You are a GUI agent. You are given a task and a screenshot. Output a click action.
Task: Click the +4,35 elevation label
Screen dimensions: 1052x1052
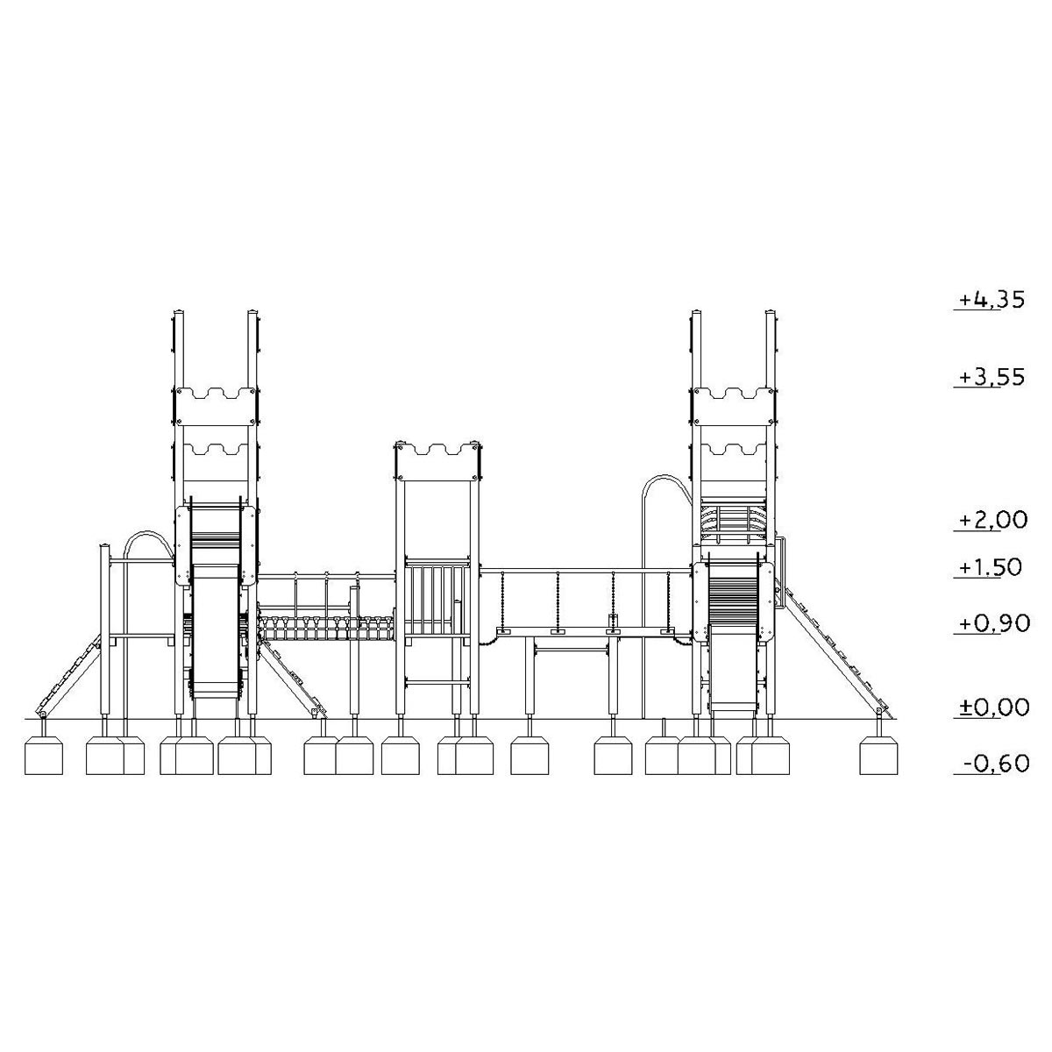[992, 300]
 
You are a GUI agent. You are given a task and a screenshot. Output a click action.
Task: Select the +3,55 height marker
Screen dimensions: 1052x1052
[992, 377]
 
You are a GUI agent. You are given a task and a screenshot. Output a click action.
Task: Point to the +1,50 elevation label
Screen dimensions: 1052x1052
[991, 567]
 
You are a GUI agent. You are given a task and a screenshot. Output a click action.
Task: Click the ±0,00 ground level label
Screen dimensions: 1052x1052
[994, 707]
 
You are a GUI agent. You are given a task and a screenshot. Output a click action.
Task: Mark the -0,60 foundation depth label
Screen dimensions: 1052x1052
[996, 763]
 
